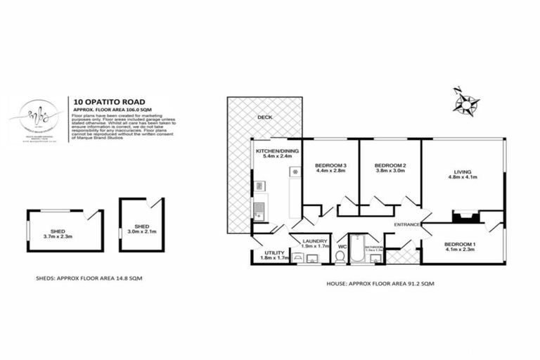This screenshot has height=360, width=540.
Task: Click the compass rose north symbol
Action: (458, 91)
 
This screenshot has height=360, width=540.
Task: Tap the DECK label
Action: (264, 117)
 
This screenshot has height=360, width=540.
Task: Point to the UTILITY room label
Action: (274, 253)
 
